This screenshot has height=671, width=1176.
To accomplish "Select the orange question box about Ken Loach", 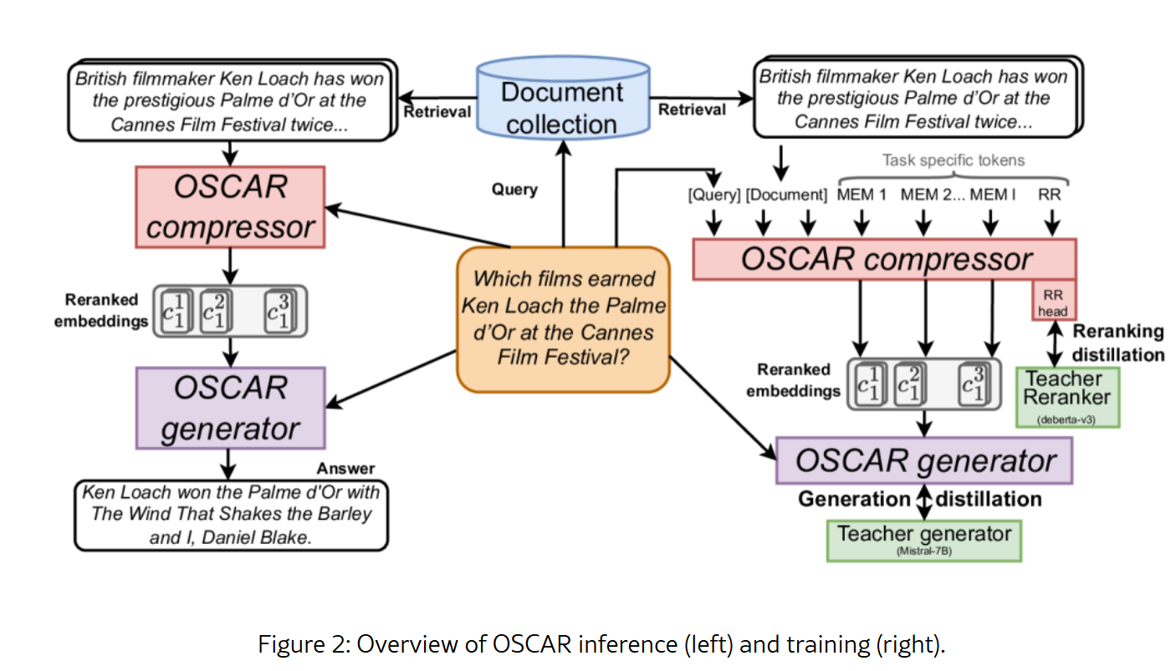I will (563, 318).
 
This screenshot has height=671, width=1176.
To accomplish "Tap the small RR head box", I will (1053, 302).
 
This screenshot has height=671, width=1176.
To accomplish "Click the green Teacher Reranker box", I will (1066, 396).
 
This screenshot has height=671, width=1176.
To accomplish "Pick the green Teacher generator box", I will (923, 539).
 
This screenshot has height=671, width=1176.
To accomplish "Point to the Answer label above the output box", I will (345, 468).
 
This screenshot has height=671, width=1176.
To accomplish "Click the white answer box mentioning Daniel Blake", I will (230, 514).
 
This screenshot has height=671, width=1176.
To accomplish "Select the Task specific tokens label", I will (953, 160).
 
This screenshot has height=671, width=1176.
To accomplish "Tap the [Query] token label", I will (714, 196).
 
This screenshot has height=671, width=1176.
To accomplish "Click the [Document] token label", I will (785, 196).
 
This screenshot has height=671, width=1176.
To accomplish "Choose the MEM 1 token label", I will (862, 196).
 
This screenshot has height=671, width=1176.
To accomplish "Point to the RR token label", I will (1051, 196).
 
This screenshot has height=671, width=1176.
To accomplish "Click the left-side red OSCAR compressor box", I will (230, 206).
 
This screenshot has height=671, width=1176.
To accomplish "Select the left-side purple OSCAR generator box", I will (230, 408).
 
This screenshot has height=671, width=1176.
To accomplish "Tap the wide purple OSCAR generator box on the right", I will (923, 460).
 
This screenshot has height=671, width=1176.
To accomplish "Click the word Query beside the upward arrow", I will (514, 190).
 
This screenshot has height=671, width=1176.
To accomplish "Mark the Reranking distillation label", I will (1118, 343).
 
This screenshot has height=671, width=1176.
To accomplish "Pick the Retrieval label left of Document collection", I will (437, 112).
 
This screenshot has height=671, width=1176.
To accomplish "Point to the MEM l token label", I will (992, 196).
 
